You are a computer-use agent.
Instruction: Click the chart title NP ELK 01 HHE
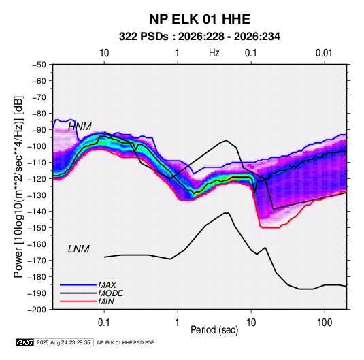pos(199,19)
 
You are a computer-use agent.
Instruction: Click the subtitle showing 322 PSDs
pos(199,37)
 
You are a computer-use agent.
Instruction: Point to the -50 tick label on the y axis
pos(39,65)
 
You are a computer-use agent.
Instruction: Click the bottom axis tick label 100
pos(325,323)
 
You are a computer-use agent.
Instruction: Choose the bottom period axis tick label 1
pos(178,323)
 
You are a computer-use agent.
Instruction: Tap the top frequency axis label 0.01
pos(324,53)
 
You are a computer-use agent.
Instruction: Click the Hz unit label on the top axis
pos(214,53)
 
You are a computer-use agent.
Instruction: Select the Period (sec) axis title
pos(214,330)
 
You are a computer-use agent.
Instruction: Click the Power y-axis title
pos(18,187)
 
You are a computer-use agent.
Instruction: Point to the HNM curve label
pos(80,127)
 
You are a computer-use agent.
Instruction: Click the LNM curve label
pos(79,249)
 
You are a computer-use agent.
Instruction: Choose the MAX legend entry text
pos(107,285)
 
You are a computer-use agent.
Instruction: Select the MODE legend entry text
pos(110,293)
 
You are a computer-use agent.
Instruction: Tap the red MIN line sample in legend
pos(78,301)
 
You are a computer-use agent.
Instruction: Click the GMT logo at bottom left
pos(24,342)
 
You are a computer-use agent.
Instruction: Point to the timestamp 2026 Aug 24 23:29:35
pos(63,342)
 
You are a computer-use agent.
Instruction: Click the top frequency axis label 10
pos(104,53)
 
